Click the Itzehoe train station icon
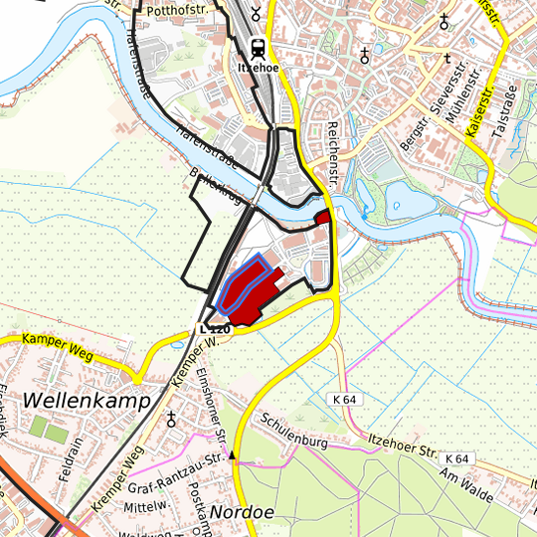click(x=258, y=47)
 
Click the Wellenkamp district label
click(x=85, y=400)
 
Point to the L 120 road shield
click(x=214, y=329)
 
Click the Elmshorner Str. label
click(x=212, y=409)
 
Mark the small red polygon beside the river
click(x=322, y=217)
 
